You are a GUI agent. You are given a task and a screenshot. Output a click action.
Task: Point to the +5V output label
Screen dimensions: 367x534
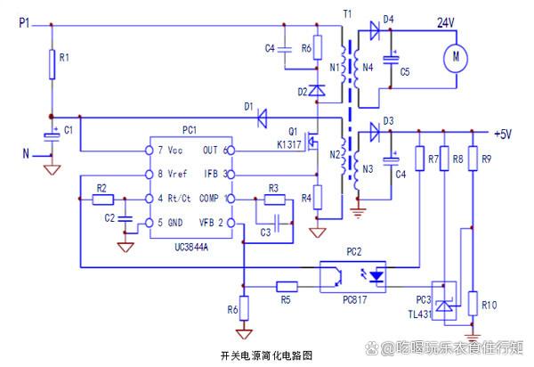[504, 134]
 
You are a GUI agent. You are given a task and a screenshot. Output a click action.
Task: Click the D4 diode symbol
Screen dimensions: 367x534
[374, 29]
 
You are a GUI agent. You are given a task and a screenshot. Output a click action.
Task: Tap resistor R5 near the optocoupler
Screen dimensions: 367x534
[287, 286]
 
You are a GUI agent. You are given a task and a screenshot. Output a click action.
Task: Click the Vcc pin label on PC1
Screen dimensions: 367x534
[168, 150]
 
